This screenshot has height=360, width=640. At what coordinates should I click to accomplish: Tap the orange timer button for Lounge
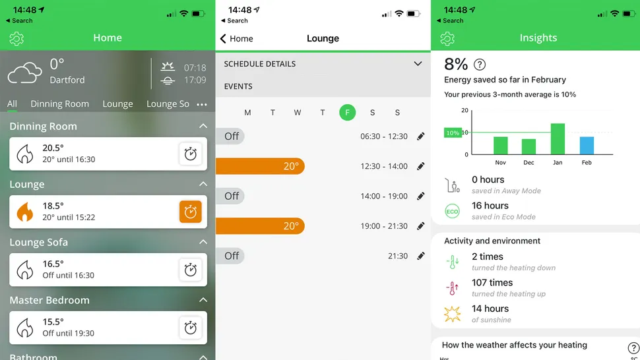pos(190,212)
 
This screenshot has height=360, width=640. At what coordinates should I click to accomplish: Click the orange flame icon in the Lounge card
pos(25,212)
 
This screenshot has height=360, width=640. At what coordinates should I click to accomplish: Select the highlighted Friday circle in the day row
pos(347,113)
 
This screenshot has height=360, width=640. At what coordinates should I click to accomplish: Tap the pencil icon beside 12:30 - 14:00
pos(421,166)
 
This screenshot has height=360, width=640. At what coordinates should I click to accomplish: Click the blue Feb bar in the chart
pos(587,146)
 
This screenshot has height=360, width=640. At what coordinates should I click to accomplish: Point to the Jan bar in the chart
pos(558,138)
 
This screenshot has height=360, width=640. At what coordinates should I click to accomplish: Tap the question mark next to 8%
pos(480,65)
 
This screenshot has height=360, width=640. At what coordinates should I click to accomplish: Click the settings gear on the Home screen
pos(16,39)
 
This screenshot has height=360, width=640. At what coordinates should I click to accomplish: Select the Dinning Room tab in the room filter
pos(59,104)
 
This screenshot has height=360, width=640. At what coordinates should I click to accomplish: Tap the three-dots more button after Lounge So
pos(202,105)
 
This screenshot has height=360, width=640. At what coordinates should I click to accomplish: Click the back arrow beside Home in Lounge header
pos(223,39)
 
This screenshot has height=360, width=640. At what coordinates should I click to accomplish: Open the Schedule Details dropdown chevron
pos(418,64)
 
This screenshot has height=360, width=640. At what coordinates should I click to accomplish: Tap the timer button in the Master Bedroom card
pos(190,328)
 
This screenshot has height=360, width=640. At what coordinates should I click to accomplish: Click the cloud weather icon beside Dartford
pos(25,73)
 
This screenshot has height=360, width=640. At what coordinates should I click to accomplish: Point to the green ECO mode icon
pos(452,211)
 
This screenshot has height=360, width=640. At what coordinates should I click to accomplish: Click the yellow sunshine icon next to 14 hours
pos(452,314)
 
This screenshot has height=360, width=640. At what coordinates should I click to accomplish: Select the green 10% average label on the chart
pos(453,133)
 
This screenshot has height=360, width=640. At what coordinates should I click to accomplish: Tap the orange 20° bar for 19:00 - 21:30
pos(260,226)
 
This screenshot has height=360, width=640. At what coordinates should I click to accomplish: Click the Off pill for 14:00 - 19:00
pos(231,196)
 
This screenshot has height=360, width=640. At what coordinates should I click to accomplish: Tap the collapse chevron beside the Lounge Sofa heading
pos(203,242)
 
